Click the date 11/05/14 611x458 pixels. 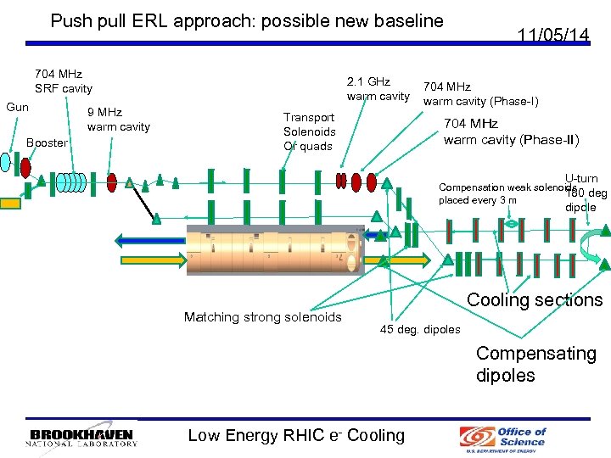(x=554, y=35)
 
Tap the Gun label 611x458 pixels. (x=18, y=107)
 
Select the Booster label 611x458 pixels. (x=47, y=142)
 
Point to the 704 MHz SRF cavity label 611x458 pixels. (x=63, y=81)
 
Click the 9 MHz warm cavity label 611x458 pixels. (x=118, y=120)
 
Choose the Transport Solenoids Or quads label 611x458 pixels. (x=309, y=131)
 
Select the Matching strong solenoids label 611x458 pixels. (x=262, y=316)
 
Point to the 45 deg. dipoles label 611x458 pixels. (x=419, y=329)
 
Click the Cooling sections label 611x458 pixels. (x=535, y=299)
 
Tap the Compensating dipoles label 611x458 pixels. (x=535, y=364)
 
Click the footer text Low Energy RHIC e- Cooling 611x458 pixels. (x=296, y=435)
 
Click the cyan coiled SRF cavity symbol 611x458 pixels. (x=71, y=182)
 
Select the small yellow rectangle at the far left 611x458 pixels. (x=9, y=203)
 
